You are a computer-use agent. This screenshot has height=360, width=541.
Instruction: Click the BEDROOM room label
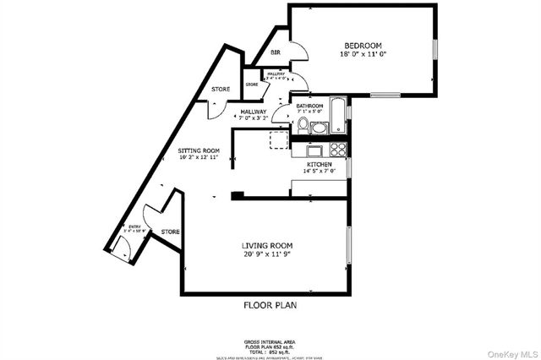coord(363,46)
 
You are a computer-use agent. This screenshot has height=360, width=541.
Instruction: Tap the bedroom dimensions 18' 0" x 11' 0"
coord(363,54)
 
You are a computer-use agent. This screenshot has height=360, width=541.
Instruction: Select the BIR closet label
coord(276,53)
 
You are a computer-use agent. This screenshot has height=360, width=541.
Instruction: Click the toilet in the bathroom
coord(303,124)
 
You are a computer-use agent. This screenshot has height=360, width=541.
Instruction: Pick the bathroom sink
coord(319,128)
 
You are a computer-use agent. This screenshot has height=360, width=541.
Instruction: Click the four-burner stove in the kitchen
coord(338,150)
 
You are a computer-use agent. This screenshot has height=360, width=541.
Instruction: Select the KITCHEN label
coord(320,164)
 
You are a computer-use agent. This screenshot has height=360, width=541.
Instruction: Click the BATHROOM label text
coord(309,106)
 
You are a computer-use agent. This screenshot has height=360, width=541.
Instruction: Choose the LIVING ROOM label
coord(266,245)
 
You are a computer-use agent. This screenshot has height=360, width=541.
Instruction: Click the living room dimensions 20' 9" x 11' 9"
coord(266,254)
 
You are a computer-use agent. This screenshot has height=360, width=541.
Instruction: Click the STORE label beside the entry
coord(170,231)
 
